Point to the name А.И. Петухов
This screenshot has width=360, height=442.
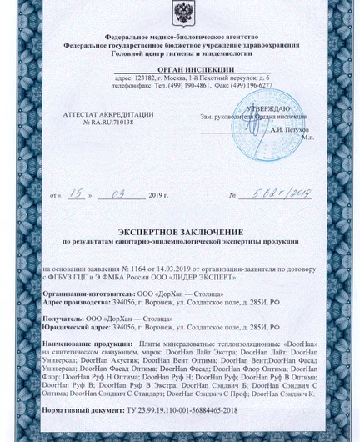[289, 131]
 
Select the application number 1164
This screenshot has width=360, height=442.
[142, 270]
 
